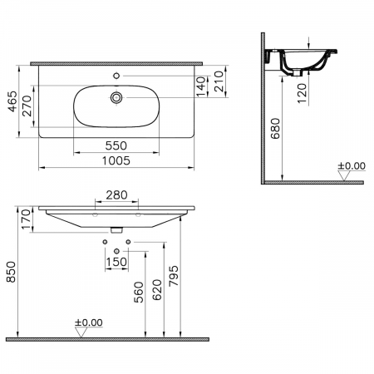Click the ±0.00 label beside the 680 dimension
[350, 166]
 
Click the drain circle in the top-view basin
[116, 98]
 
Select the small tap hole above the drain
[116, 76]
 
